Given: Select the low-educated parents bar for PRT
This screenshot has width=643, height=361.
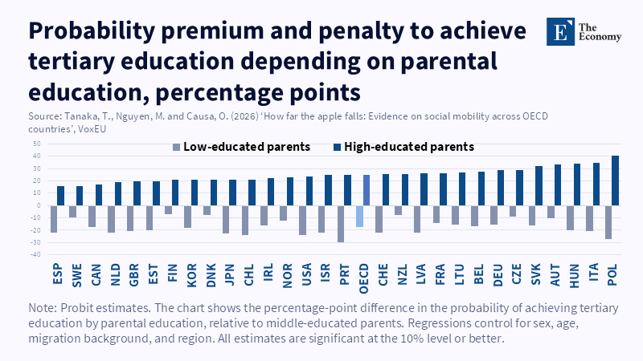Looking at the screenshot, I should point(341,223).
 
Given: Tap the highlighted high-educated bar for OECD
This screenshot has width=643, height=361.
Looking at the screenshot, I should point(367,190).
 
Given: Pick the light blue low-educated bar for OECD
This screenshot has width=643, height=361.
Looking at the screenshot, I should point(360,216).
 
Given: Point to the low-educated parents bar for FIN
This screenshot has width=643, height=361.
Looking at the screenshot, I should point(169,209).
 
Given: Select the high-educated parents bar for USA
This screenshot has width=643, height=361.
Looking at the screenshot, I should point(309,190).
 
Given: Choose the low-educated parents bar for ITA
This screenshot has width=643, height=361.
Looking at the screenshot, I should point(590,218).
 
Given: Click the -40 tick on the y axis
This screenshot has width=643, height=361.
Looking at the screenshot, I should point(36,254).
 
